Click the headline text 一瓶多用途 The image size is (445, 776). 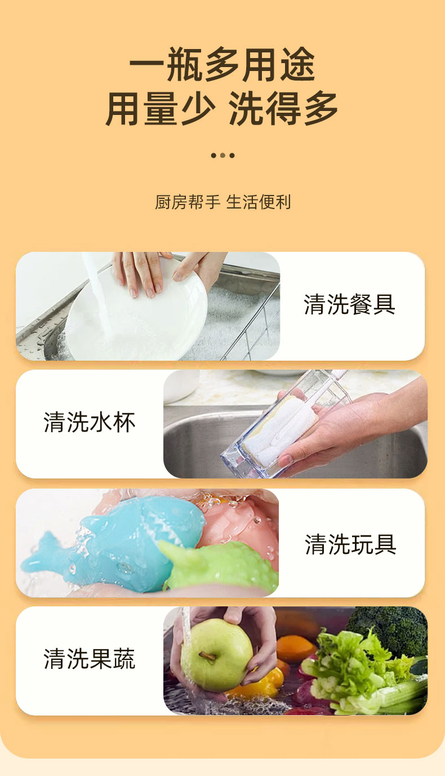pyautogui.click(x=222, y=64)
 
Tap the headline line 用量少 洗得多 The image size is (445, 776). pyautogui.click(x=222, y=108)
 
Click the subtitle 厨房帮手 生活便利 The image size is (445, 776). pyautogui.click(x=222, y=202)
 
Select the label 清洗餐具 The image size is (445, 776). pyautogui.click(x=349, y=304)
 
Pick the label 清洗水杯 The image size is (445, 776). pyautogui.click(x=90, y=422)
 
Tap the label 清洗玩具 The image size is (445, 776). pyautogui.click(x=350, y=544)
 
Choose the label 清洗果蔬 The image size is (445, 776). pyautogui.click(x=90, y=659)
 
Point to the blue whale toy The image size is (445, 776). pyautogui.click(x=114, y=544)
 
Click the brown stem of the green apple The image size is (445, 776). pyautogui.click(x=207, y=655)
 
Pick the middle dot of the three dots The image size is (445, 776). pyautogui.click(x=222, y=155)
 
